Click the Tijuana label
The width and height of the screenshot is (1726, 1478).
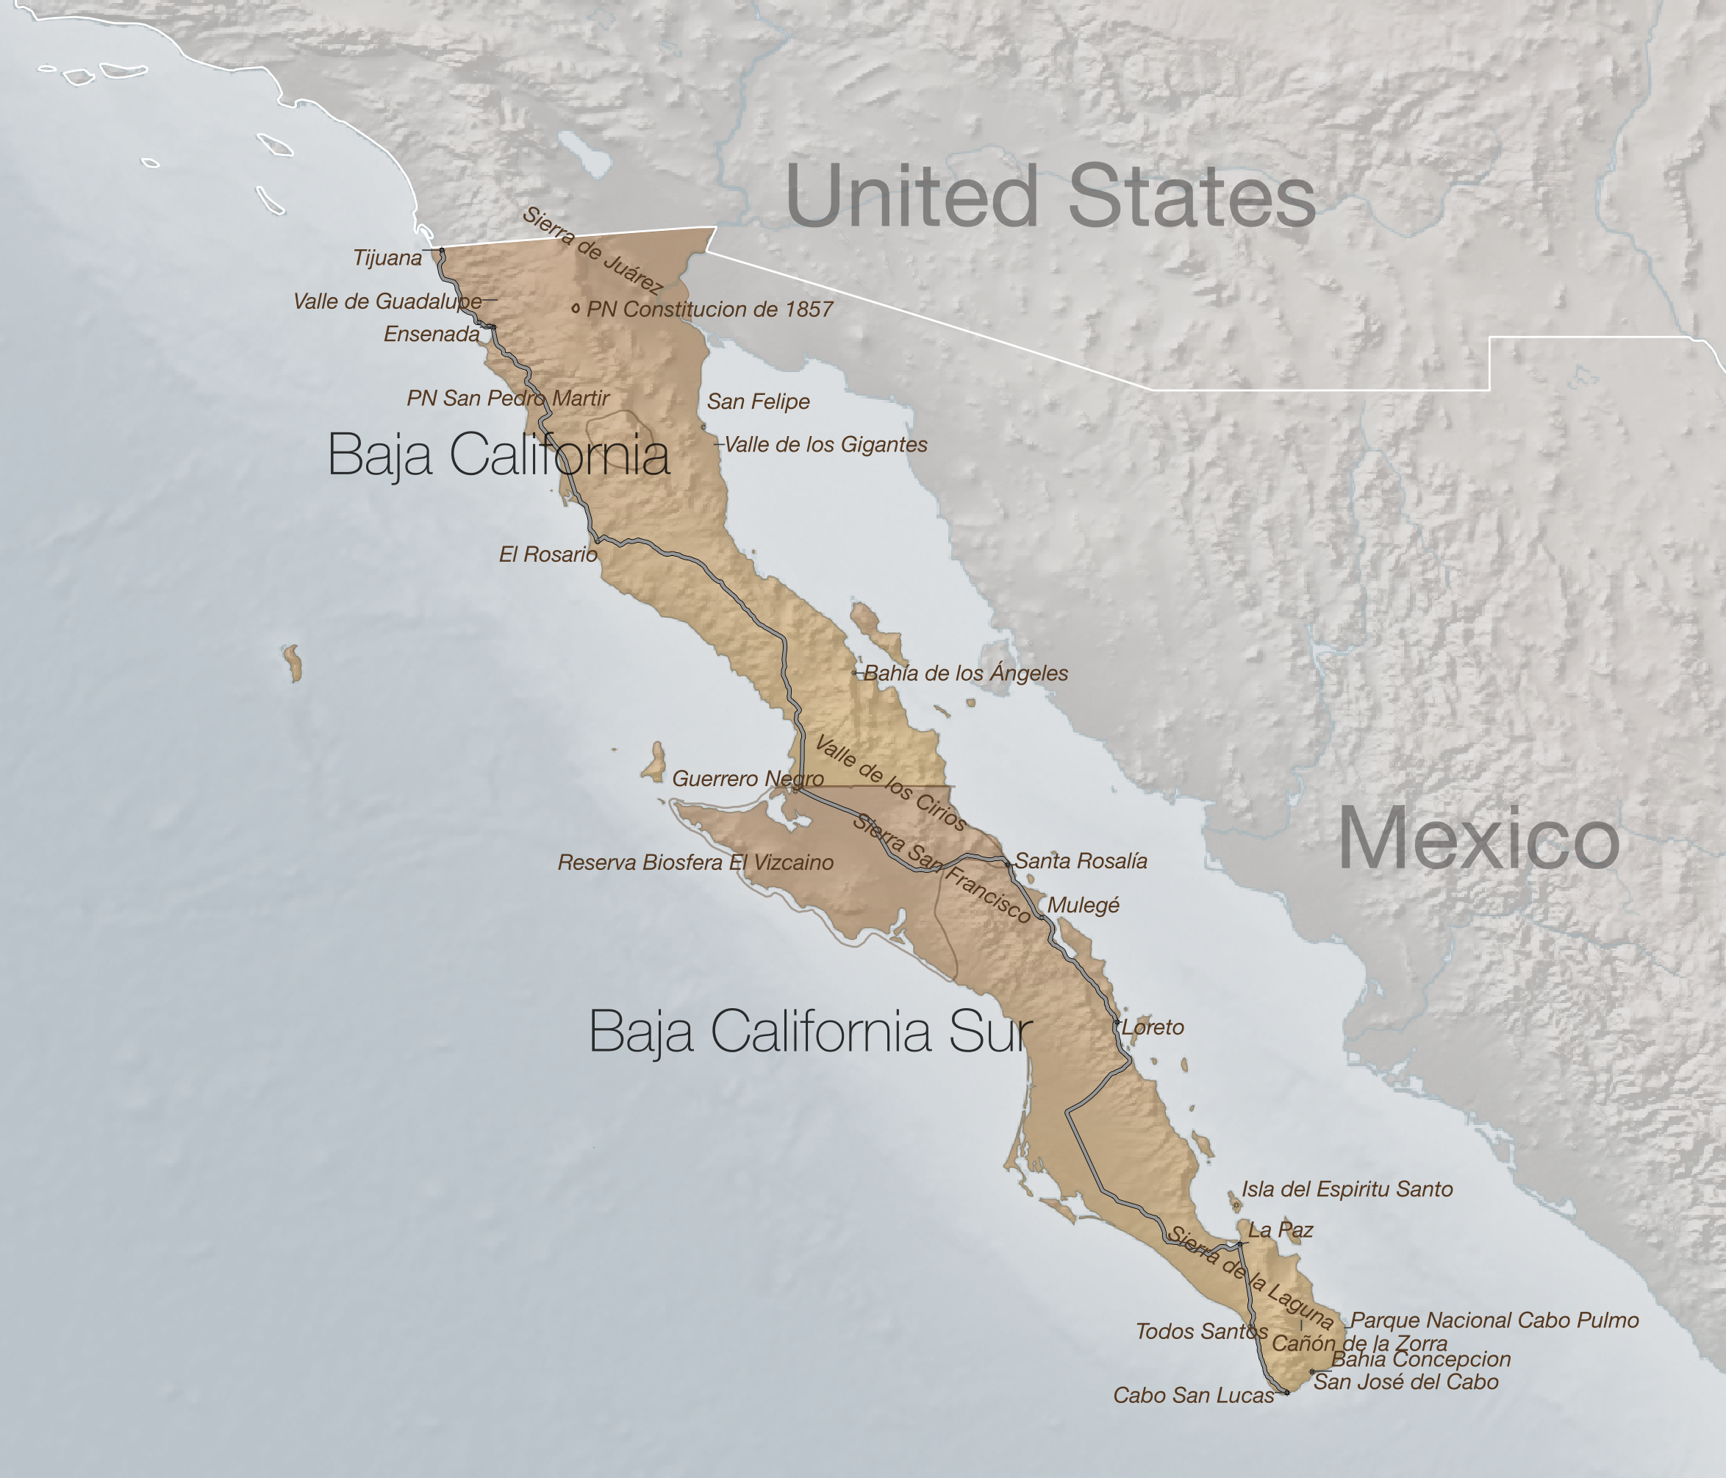[x=387, y=258]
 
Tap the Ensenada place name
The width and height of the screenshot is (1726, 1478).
[x=431, y=334]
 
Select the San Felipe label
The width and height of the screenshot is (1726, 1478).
[x=758, y=401]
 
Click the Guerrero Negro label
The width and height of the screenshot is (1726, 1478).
[x=747, y=778]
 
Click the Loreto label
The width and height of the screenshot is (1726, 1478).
[x=1153, y=1027]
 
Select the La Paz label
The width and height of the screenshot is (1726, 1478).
[x=1281, y=1229]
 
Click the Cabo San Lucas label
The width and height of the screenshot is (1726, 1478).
[x=1194, y=1396]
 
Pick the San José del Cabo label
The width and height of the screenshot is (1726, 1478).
[x=1406, y=1382]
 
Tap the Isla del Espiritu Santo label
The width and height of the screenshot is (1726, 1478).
[x=1347, y=1189]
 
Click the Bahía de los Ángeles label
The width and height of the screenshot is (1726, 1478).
[x=965, y=673]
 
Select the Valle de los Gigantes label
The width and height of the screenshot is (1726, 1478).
[x=826, y=445]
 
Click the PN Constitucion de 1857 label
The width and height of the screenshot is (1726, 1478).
[x=709, y=309]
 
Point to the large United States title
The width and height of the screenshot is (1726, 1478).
[x=1050, y=196]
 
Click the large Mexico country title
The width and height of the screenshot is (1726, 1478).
[x=1478, y=840]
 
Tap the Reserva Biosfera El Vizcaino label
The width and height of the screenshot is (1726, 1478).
[x=695, y=863]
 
